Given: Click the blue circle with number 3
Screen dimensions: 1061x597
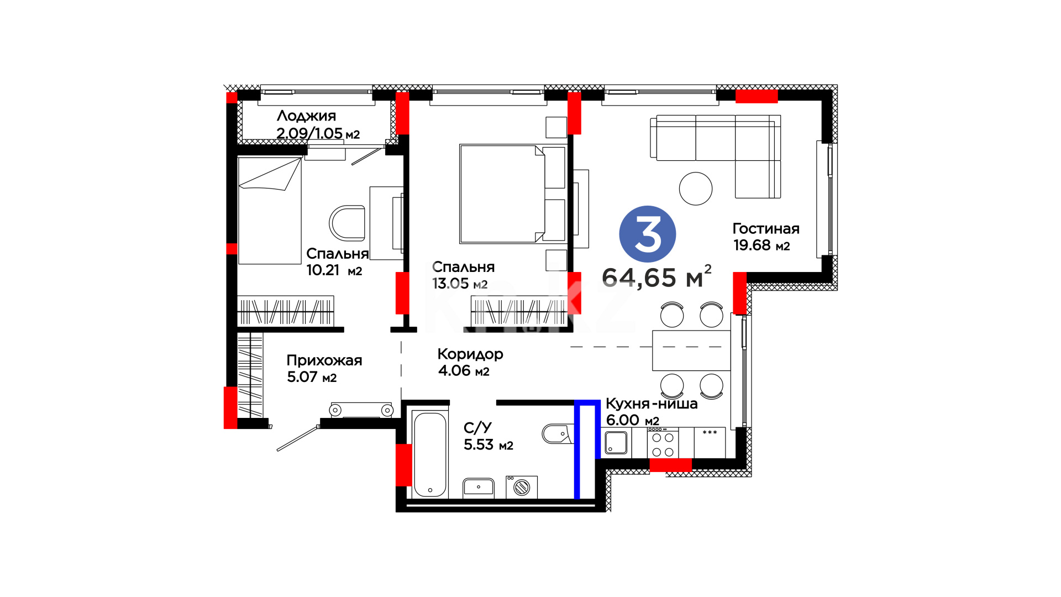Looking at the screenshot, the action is [648, 234].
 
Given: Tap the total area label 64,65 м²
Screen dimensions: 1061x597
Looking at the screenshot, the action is [656, 276].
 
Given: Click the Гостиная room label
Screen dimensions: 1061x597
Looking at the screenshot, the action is [766, 229].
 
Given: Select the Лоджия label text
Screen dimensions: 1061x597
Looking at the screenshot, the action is [306, 116].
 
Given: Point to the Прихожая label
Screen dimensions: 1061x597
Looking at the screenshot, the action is [324, 360].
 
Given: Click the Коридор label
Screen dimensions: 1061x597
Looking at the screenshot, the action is [470, 354].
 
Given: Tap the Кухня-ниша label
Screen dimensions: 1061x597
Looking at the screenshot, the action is [652, 404].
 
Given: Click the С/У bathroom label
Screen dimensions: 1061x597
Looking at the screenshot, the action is [477, 428].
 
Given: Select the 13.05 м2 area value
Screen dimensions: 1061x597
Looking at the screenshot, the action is [460, 284].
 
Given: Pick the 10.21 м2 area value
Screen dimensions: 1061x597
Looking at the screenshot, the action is [334, 270].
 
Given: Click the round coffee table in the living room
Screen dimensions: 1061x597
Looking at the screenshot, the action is [696, 188].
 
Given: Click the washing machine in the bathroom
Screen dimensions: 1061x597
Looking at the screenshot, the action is [522, 487].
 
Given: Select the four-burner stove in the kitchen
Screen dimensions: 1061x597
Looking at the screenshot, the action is [663, 443].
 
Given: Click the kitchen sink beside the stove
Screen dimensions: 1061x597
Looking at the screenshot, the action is [616, 443].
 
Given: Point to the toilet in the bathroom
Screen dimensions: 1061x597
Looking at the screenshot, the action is [558, 434].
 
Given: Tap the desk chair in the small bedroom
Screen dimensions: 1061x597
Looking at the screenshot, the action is [348, 223].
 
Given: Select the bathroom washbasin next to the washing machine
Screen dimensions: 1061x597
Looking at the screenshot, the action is [479, 488].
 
